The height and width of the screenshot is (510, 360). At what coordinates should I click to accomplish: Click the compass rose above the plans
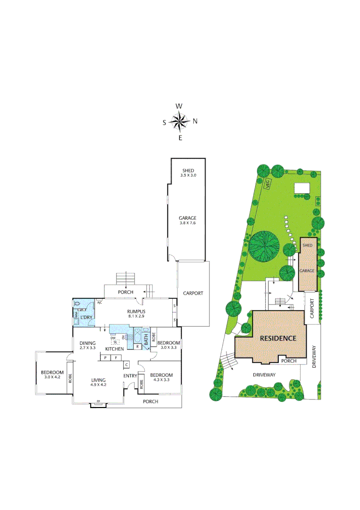179,121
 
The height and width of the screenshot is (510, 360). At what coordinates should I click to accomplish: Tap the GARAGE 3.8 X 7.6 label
187,221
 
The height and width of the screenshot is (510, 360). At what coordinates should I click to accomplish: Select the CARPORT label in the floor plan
193,293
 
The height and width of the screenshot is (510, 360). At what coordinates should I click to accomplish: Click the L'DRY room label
86,317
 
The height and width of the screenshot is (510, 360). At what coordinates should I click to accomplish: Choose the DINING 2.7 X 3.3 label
87,345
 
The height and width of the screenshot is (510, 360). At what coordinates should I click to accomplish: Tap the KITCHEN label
114,348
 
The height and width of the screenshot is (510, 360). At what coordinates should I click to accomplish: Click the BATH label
147,338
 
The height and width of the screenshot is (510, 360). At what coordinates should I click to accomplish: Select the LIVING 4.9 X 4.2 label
99,382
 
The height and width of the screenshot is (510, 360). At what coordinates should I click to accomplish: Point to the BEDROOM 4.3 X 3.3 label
161,377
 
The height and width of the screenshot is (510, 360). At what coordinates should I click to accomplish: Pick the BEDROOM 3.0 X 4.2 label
52,374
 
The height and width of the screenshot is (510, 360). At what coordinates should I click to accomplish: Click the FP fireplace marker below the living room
98,402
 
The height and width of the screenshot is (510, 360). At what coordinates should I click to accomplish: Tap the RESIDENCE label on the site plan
278,338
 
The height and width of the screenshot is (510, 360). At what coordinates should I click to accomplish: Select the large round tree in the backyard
264,245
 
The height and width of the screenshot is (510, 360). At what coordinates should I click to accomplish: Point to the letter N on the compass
195,121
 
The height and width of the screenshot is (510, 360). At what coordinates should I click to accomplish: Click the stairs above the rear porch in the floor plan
126,278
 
